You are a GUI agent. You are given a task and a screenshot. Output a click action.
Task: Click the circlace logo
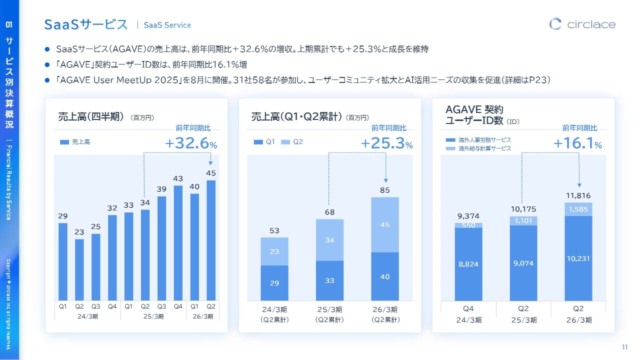(x=582, y=24)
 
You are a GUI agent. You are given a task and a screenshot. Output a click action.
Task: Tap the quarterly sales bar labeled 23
(x=79, y=269)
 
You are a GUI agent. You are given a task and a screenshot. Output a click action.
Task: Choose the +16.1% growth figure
(x=577, y=144)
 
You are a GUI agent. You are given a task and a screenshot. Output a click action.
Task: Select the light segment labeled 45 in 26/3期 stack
(x=384, y=224)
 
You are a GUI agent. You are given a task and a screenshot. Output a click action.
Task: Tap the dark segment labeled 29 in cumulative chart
(x=274, y=282)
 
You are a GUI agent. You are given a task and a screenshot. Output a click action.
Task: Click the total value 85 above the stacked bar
(x=384, y=190)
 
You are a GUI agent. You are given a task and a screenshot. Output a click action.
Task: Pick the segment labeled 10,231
(x=578, y=258)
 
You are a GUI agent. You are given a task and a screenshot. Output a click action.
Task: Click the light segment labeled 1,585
(x=578, y=209)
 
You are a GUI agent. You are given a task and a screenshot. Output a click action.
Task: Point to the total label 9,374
(x=468, y=216)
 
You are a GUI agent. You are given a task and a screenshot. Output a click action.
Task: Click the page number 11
(x=624, y=347)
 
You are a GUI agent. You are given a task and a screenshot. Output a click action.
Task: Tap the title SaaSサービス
(x=86, y=24)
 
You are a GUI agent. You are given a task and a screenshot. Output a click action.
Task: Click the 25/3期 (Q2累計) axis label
(x=329, y=314)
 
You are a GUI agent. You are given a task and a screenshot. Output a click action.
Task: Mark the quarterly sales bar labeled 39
(x=161, y=248)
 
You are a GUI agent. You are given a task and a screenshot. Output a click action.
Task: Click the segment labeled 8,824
(x=468, y=264)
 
